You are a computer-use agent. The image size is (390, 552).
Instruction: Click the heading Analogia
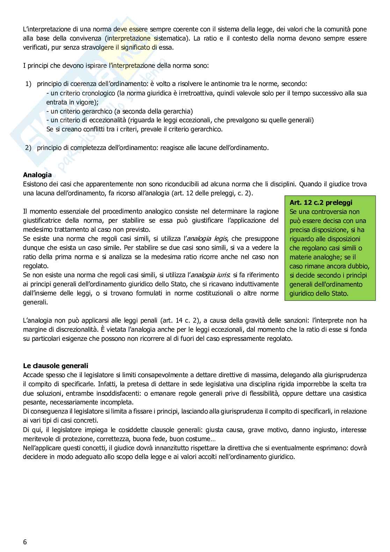pyautogui.click(x=37, y=175)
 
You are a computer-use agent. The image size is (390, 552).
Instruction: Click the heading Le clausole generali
pyautogui.click(x=56, y=366)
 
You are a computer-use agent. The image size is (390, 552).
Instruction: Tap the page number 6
pyautogui.click(x=25, y=542)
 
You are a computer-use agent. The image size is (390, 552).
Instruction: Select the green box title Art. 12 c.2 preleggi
pyautogui.click(x=321, y=202)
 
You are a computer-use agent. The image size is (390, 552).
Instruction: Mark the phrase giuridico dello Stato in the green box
pyautogui.click(x=319, y=293)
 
